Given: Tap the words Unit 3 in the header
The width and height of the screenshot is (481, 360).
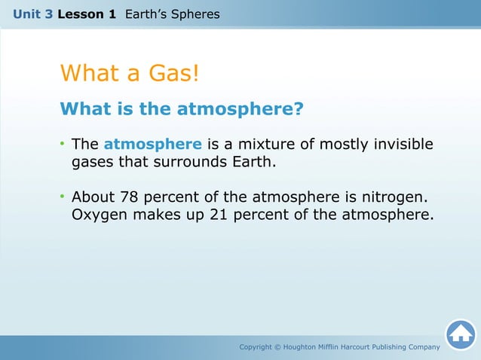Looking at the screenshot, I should pos(32,14).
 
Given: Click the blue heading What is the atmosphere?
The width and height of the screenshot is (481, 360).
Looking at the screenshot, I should pos(181,109).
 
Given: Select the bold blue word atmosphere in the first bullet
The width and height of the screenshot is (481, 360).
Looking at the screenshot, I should pos(152,145).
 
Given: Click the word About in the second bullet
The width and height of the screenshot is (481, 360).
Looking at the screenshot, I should pos(93,197).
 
